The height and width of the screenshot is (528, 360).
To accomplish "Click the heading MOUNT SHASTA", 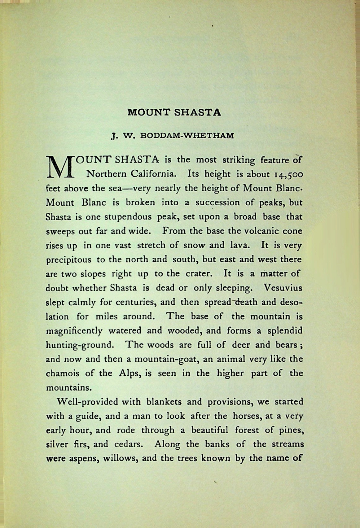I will pyautogui.click(x=174, y=112).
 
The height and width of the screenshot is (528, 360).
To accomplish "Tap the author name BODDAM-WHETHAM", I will pyautogui.click(x=187, y=136).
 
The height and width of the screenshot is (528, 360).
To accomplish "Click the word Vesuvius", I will pyautogui.click(x=283, y=288).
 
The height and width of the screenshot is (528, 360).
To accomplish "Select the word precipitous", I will pyautogui.click(x=68, y=260).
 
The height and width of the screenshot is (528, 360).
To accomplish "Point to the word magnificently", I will pyautogui.click(x=74, y=331).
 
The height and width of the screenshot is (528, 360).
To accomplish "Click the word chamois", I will pyautogui.click(x=63, y=373).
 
